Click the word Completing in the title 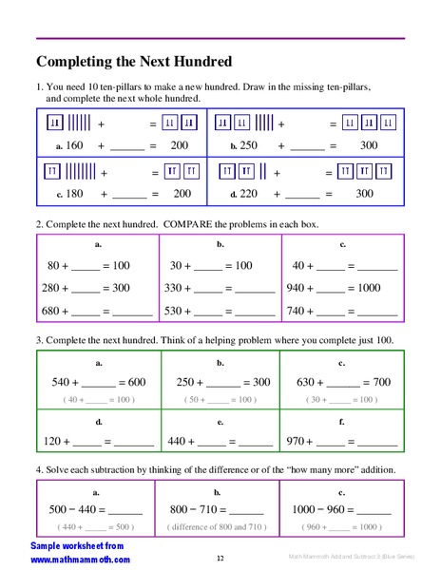(x=75, y=63)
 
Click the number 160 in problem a (x=74, y=146)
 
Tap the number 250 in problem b (x=249, y=146)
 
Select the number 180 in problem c (x=74, y=194)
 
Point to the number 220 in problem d (x=249, y=194)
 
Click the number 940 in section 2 (x=302, y=288)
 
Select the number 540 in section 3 (x=63, y=382)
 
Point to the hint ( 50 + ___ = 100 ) (x=220, y=401)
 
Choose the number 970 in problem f (x=302, y=441)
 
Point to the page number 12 (x=220, y=558)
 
